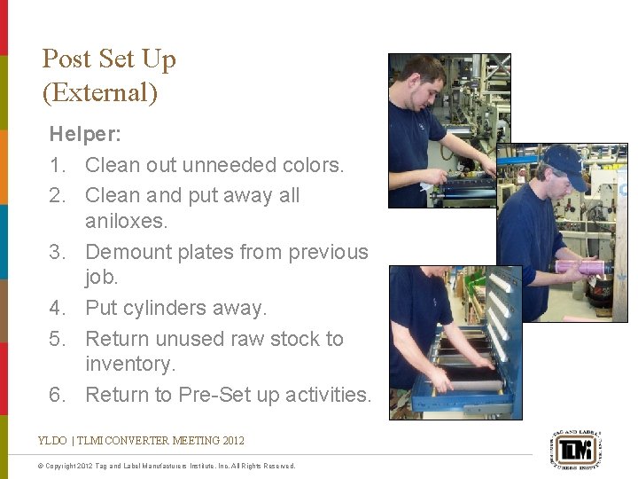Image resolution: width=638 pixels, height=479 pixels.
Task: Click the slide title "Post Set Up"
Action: tap(109, 59)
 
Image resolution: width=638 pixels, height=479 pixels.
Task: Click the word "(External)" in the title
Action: tap(99, 92)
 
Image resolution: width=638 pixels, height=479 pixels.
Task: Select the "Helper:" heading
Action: tap(85, 135)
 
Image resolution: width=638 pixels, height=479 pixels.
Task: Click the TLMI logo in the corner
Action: tap(576, 447)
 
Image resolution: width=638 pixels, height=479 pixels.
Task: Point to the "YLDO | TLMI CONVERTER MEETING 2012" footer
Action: tap(141, 440)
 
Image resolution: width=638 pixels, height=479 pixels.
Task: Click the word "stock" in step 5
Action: tap(300, 339)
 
